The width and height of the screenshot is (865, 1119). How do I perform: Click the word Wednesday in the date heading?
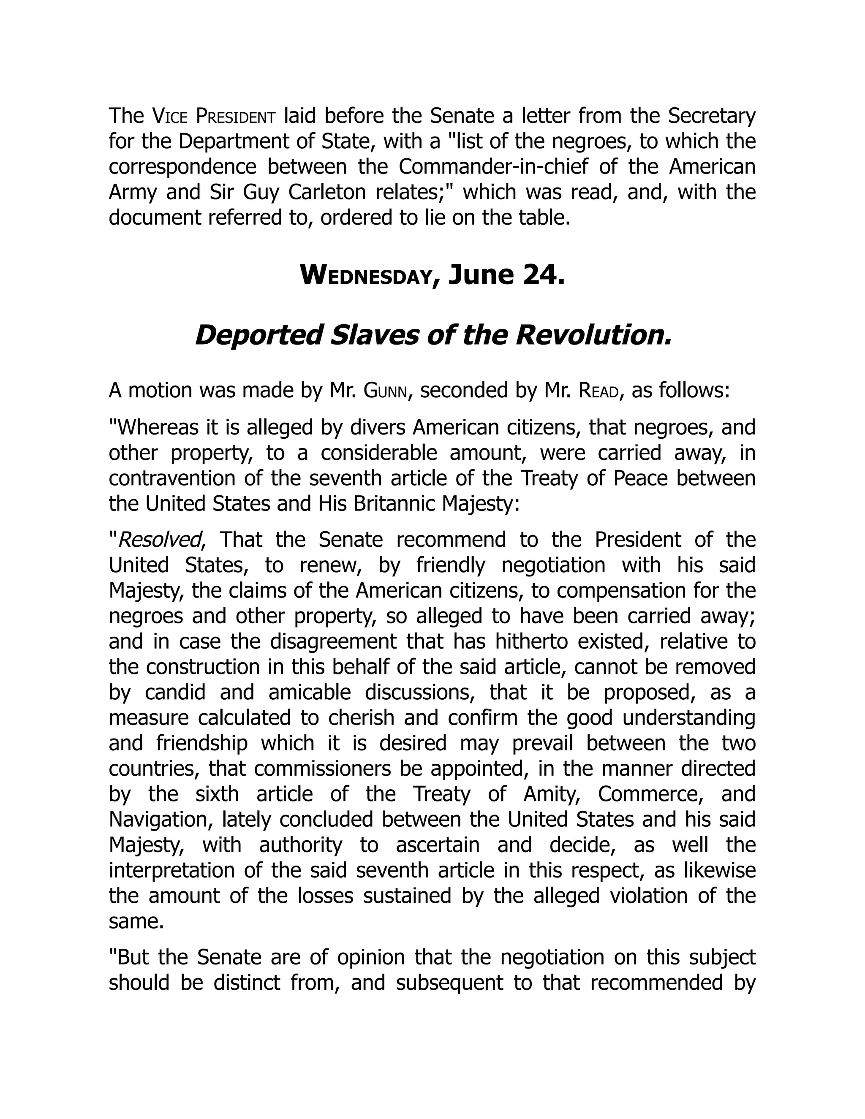tap(365, 276)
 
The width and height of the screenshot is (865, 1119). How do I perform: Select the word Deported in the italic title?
tap(258, 336)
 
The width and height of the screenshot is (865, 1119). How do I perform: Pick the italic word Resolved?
tap(159, 540)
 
